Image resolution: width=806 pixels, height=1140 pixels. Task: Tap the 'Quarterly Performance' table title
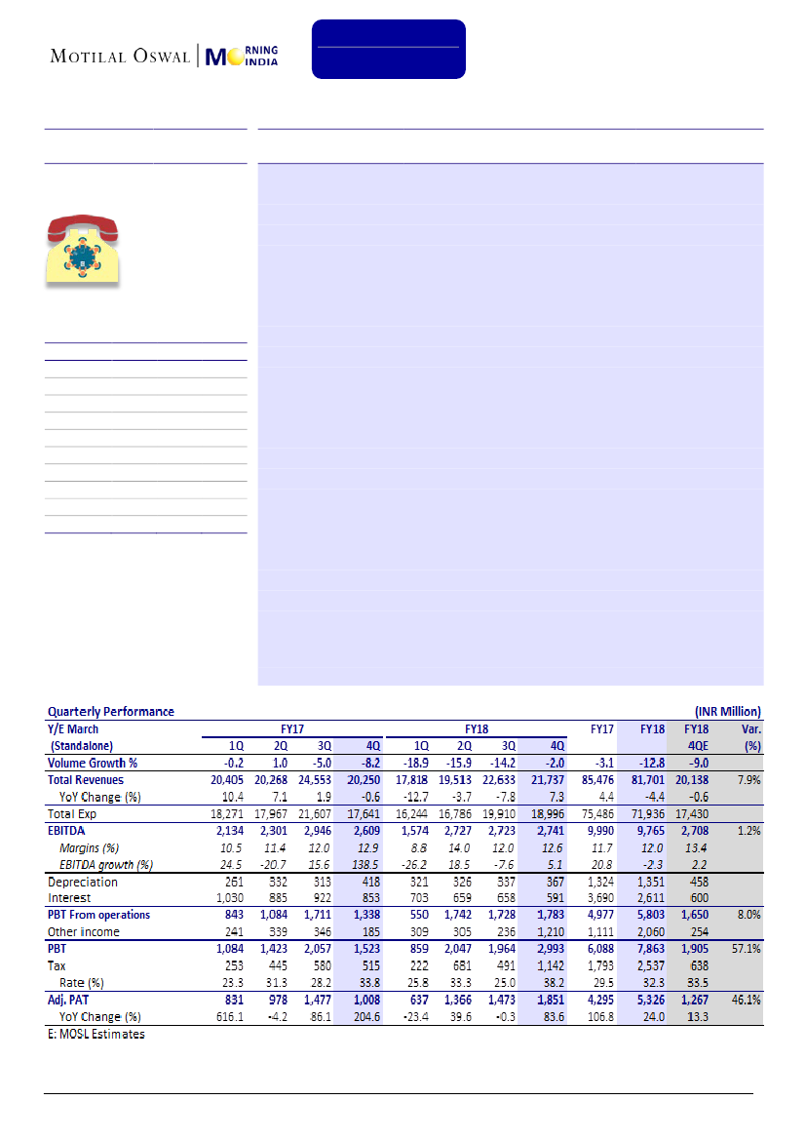pyautogui.click(x=111, y=712)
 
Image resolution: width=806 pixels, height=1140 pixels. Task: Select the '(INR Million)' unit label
pyautogui.click(x=725, y=712)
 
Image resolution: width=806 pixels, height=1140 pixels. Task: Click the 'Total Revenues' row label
pyautogui.click(x=86, y=780)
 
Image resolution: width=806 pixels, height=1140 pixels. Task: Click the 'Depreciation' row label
pyautogui.click(x=83, y=882)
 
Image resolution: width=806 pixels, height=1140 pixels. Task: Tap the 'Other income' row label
pyautogui.click(x=84, y=932)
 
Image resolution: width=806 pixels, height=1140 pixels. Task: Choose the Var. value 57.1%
pyautogui.click(x=746, y=949)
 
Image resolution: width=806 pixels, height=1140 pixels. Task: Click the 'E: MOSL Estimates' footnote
pyautogui.click(x=96, y=1034)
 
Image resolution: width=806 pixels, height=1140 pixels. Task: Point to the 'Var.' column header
pyautogui.click(x=748, y=728)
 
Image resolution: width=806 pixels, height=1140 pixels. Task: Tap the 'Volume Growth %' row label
pyautogui.click(x=94, y=764)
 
